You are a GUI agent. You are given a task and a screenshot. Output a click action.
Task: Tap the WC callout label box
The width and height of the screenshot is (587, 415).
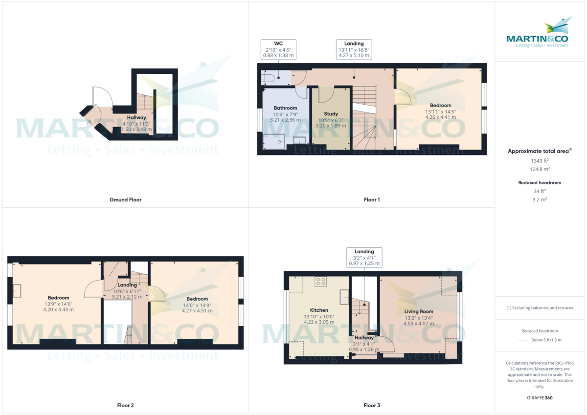(x=278, y=49)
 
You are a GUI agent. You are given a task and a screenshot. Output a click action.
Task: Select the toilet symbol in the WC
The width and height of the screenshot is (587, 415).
(x=268, y=77)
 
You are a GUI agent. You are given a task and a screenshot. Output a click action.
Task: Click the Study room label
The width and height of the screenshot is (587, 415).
(x=331, y=114)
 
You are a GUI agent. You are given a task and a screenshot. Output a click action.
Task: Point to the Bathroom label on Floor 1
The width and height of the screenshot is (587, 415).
(x=285, y=108)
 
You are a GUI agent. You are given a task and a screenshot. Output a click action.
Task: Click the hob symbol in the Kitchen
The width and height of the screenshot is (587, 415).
(x=321, y=282)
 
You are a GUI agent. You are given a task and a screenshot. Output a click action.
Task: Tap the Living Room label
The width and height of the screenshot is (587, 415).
(x=419, y=311)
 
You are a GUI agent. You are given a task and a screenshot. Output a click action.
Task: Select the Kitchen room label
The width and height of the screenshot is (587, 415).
(x=319, y=310)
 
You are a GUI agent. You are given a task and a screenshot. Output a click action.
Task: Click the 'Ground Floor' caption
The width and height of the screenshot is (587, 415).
(x=125, y=199)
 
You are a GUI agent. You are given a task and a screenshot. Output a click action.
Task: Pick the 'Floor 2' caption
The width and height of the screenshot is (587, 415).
(x=125, y=405)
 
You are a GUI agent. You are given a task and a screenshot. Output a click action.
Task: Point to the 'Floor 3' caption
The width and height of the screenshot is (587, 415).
(x=372, y=405)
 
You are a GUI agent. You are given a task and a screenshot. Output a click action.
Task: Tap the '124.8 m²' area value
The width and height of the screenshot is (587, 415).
(x=540, y=169)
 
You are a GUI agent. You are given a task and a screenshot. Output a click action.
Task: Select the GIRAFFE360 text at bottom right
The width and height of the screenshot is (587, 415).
(x=540, y=398)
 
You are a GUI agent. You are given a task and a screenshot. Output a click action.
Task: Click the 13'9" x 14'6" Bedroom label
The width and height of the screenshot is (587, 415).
(x=58, y=298)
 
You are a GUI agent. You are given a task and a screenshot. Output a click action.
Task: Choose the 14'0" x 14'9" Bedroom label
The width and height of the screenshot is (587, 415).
(x=197, y=299)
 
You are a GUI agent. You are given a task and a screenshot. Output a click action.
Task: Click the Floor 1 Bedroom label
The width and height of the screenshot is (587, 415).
(x=440, y=105)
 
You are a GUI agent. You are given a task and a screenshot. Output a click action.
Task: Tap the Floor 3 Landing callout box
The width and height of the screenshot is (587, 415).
(x=364, y=257)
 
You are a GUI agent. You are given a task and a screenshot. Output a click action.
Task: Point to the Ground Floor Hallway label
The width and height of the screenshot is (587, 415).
(x=136, y=117)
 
